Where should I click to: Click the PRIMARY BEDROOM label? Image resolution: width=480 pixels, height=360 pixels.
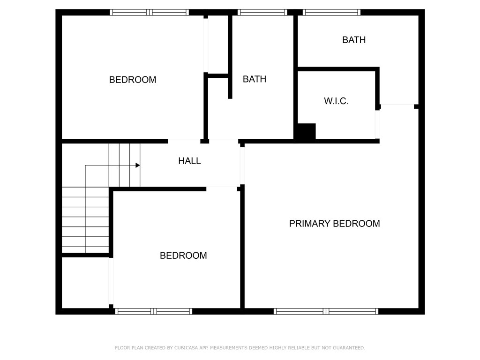tap(334, 224)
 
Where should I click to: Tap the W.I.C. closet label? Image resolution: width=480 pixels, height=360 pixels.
tap(336, 101)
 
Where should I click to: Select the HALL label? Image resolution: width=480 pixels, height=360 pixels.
tap(189, 161)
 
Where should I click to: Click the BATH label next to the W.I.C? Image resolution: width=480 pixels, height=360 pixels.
tap(255, 79)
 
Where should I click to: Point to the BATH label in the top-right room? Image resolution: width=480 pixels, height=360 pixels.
tap(354, 40)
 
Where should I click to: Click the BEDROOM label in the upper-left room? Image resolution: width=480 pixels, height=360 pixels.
tap(133, 80)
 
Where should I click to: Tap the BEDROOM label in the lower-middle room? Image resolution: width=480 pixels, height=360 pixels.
tap(183, 255)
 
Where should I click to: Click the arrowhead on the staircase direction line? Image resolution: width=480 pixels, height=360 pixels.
tap(138, 165)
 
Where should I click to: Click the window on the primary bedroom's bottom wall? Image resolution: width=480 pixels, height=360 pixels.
tap(326, 311)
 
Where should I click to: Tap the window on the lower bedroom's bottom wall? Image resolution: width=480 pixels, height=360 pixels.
tap(154, 311)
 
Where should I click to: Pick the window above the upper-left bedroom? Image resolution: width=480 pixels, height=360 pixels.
tap(149, 12)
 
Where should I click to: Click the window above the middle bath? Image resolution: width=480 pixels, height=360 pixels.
tap(262, 12)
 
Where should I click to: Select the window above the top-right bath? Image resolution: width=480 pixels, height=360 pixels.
tap(331, 12)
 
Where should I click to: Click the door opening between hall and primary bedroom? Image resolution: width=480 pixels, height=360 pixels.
tap(242, 165)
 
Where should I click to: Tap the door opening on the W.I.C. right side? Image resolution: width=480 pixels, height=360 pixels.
tap(377, 124)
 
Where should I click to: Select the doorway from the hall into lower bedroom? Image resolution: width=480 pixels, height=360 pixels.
tap(221, 188)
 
